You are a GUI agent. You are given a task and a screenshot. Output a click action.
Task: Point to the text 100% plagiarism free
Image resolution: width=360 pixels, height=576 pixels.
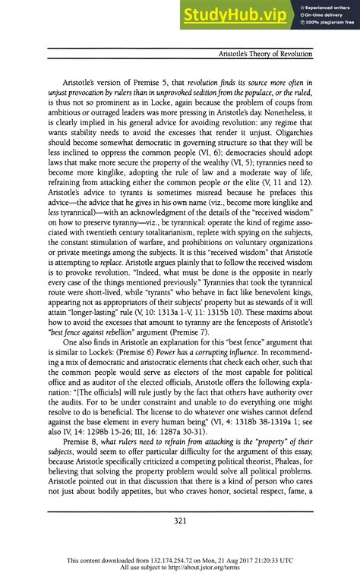tap(330, 23)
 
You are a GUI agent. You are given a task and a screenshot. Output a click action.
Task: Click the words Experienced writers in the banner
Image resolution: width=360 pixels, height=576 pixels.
tap(330, 8)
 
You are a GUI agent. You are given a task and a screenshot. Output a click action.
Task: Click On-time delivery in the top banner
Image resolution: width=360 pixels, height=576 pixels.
tap(327, 15)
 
